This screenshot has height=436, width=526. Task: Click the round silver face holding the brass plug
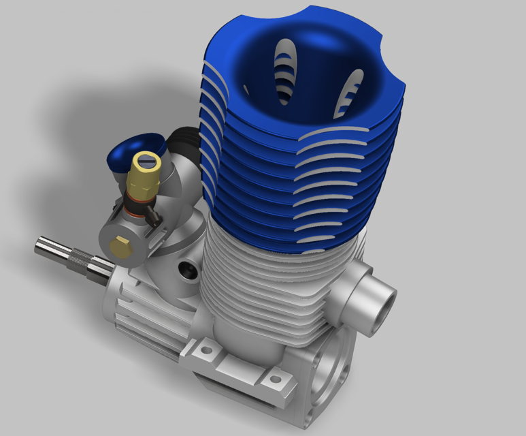click(x=116, y=235)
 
